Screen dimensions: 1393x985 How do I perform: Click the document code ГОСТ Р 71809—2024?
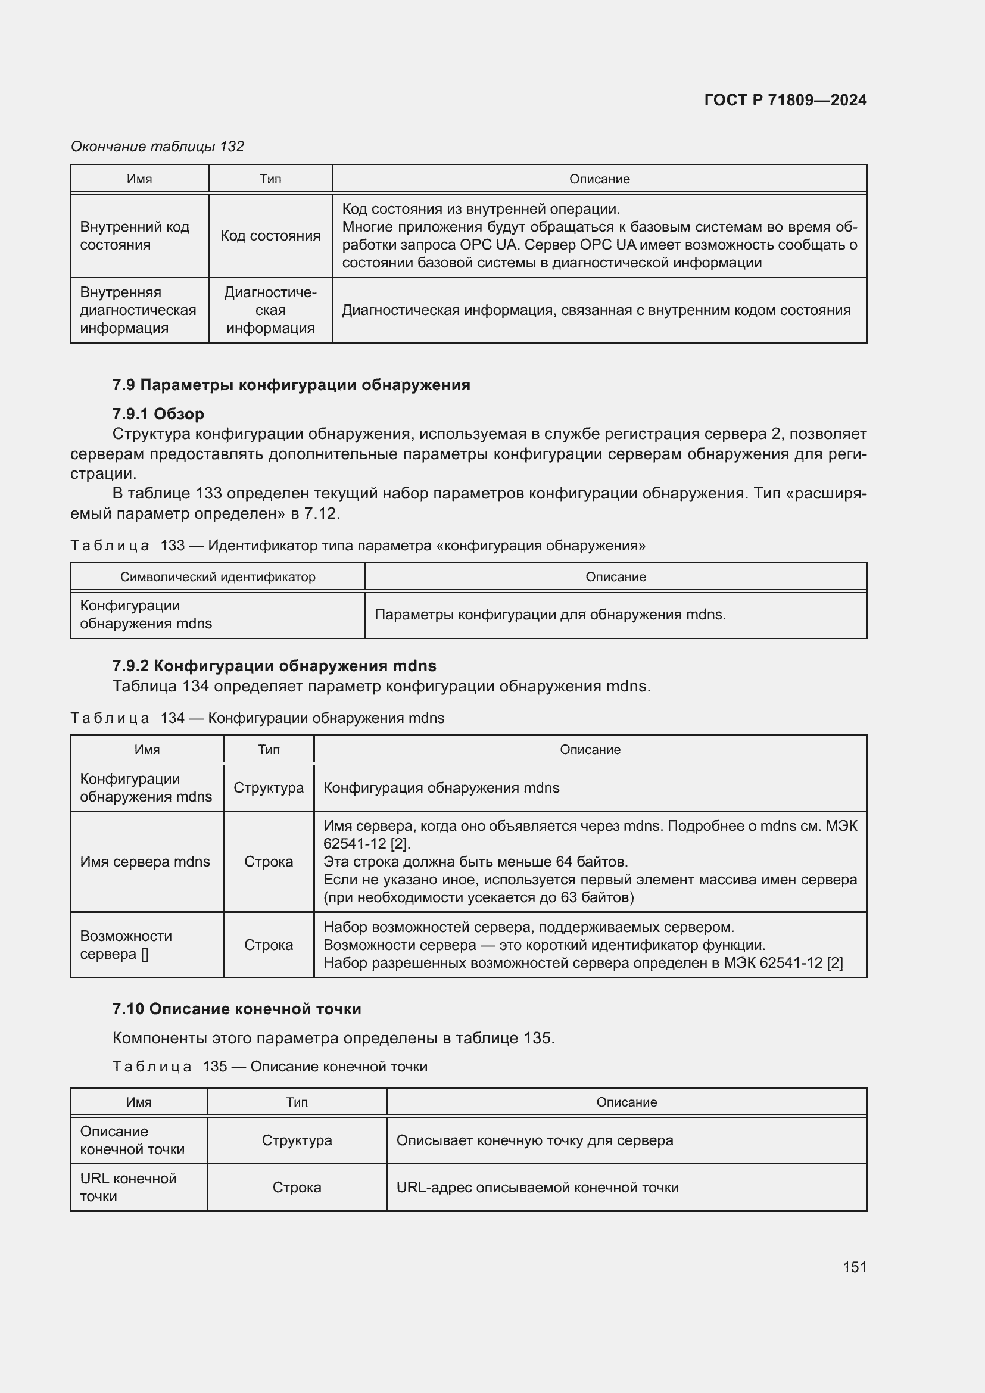pos(785,100)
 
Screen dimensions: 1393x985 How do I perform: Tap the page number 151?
pos(854,1266)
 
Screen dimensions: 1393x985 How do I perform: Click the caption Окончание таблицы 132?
pos(157,147)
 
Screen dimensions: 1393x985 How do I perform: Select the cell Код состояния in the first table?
pos(270,235)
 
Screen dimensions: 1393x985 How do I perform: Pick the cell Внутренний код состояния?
pos(135,235)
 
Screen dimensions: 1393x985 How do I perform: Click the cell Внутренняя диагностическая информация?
pos(138,310)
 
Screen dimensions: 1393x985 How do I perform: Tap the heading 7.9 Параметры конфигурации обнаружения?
pos(291,385)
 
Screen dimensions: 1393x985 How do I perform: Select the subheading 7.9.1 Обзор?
pos(158,414)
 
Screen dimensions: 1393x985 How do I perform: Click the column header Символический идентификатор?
pos(218,577)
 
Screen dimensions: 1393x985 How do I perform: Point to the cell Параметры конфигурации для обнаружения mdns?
pos(550,615)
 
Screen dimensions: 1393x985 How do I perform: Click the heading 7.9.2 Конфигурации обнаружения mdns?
pos(274,666)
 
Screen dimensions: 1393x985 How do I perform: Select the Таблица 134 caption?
pos(257,718)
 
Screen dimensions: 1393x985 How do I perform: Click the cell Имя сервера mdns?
pos(145,862)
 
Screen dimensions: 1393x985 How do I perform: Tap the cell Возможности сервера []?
pos(126,945)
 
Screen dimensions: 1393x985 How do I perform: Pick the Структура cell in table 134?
pos(268,787)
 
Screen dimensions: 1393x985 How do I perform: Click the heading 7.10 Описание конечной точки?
pos(236,1009)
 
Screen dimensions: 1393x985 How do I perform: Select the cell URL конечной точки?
pos(128,1188)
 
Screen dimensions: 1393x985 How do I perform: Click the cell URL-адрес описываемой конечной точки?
pos(537,1188)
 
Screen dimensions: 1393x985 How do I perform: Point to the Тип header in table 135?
pos(297,1102)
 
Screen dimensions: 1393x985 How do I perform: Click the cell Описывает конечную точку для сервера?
pos(534,1140)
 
